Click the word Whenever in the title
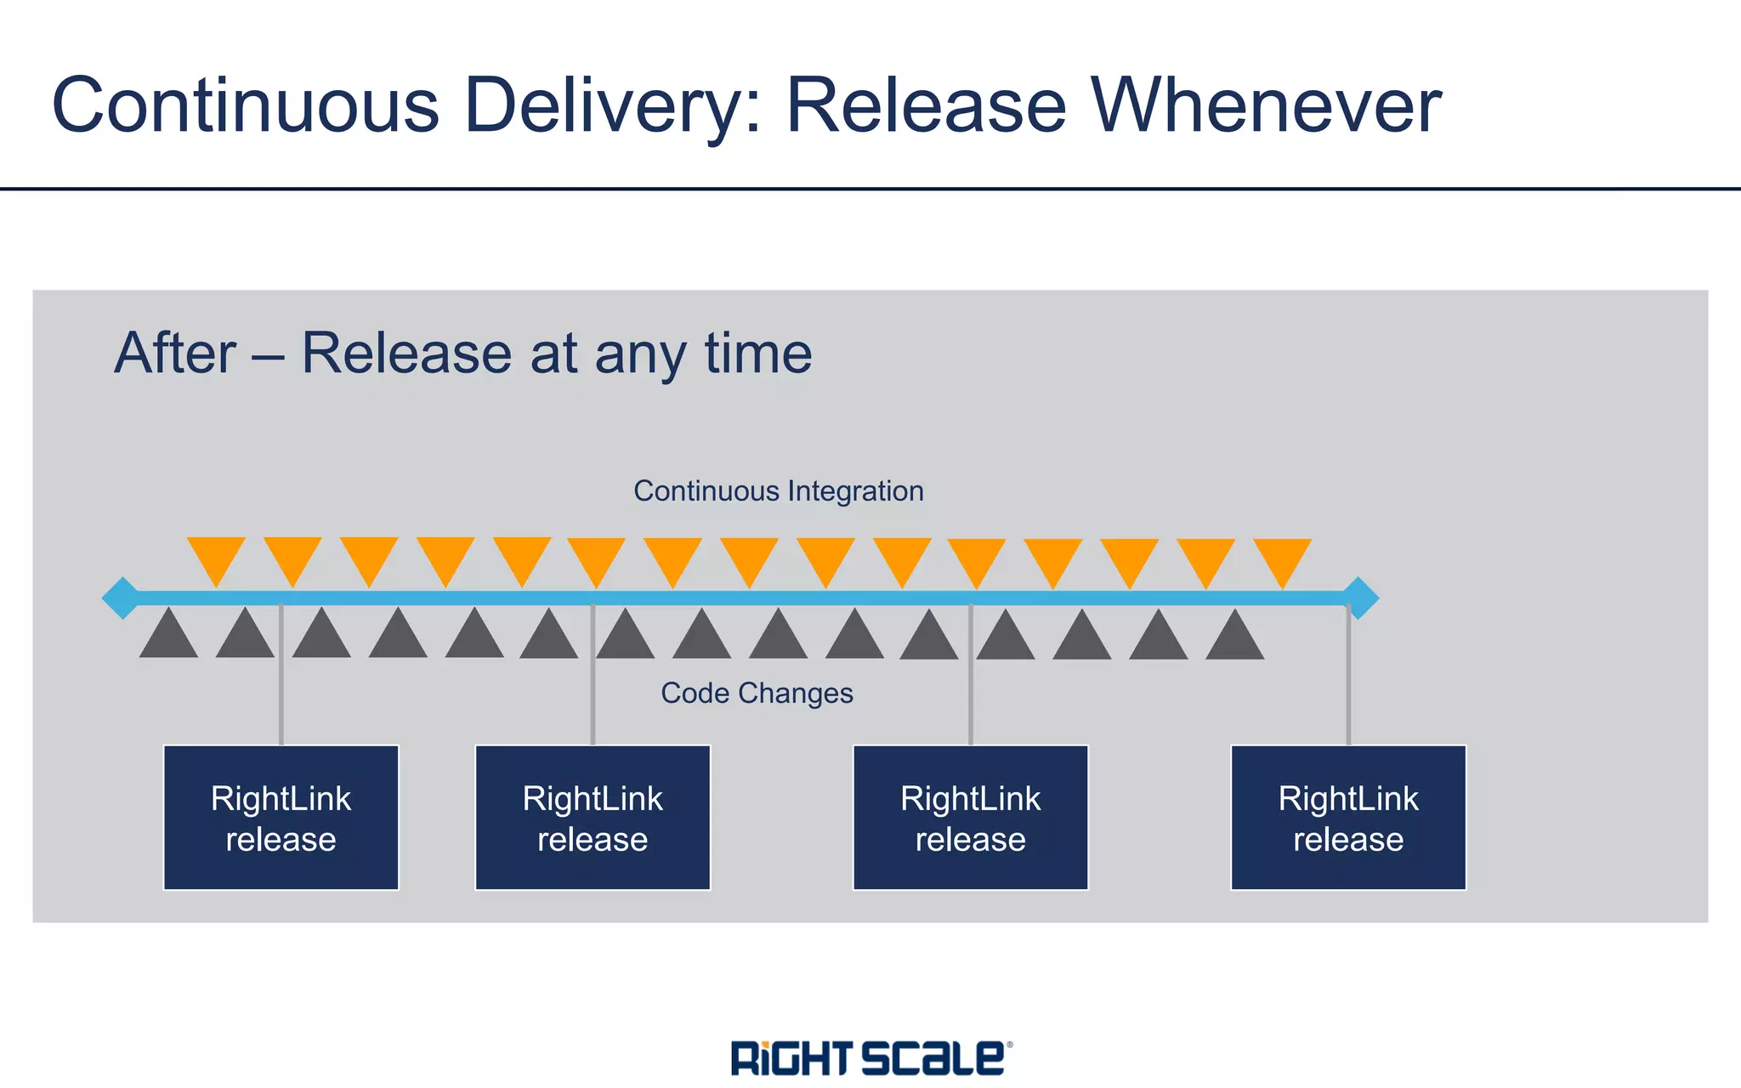tap(1266, 105)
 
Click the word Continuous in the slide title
tap(246, 105)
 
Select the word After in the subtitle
tap(175, 353)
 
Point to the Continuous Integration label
tap(778, 491)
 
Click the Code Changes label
tap(757, 693)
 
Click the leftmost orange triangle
tap(216, 557)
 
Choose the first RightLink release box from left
tap(281, 818)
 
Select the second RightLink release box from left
tap(593, 818)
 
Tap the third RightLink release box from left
tap(970, 818)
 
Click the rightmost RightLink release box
tap(1348, 818)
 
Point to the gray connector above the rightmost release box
tap(1348, 680)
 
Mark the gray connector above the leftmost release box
tap(281, 680)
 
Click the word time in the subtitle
tap(757, 353)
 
